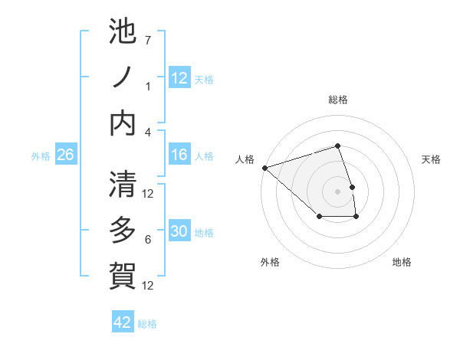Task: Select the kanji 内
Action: [x=123, y=123]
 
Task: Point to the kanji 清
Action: [x=123, y=185]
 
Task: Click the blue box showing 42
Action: [x=123, y=322]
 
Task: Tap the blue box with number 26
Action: [x=66, y=155]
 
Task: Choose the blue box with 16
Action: [x=179, y=155]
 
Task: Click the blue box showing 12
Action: [x=179, y=78]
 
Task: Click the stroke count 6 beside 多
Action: [x=148, y=240]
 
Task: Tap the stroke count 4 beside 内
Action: [x=148, y=132]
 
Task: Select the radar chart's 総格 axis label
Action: [x=338, y=100]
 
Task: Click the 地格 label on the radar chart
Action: [x=402, y=262]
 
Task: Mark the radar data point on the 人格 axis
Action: [x=264, y=167]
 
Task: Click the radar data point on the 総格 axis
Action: [x=338, y=146]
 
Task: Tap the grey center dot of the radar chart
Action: [x=338, y=191]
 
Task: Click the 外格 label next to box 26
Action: [x=41, y=155]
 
